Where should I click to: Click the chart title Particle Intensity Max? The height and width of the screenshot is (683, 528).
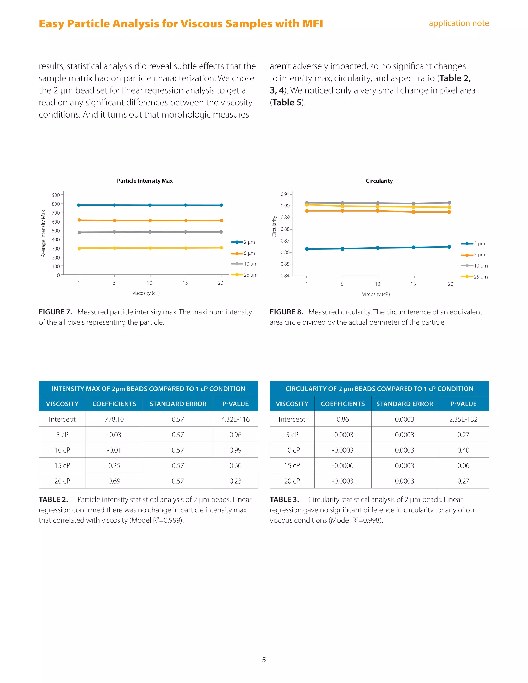(145, 181)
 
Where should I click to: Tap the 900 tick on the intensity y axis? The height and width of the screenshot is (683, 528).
(56, 195)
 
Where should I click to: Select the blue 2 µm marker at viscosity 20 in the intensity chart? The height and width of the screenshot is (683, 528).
(221, 205)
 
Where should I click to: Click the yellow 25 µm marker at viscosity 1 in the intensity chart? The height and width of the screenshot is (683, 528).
(79, 248)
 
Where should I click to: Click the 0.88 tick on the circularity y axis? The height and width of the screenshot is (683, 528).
(285, 229)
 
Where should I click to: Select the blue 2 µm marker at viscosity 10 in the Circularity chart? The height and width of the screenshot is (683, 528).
(378, 248)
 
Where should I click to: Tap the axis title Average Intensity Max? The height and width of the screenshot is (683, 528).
(43, 234)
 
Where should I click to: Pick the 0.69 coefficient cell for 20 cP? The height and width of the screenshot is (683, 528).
(114, 481)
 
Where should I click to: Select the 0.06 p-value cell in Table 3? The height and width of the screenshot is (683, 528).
(463, 465)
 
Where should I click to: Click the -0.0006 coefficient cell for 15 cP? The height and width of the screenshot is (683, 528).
(343, 465)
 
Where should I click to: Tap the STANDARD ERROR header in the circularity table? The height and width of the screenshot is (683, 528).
(405, 404)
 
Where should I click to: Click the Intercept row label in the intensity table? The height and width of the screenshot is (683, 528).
(62, 419)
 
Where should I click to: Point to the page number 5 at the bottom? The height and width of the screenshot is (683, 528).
(264, 660)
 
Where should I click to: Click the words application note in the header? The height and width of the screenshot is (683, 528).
(459, 23)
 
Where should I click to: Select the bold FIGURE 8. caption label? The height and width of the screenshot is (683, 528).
(286, 312)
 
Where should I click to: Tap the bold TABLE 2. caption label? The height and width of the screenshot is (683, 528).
(53, 499)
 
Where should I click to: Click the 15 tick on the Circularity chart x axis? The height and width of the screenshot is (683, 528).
(413, 284)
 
